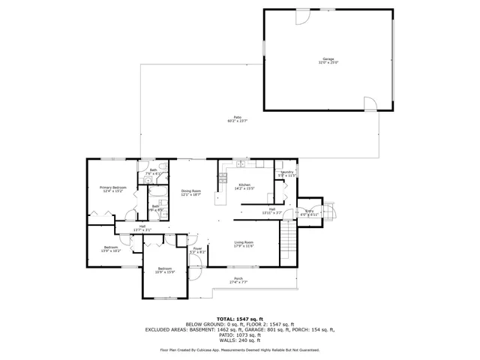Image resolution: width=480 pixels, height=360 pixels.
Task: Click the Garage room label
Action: [328, 61]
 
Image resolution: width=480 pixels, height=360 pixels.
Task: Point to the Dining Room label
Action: [191, 193]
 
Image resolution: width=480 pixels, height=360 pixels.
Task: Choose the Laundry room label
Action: [286, 174]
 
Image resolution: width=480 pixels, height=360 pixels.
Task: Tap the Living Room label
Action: [244, 244]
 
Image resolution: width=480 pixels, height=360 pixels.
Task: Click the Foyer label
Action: [197, 250]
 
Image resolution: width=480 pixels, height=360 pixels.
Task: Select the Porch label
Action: [238, 280]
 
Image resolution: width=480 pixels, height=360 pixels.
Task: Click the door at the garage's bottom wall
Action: [369, 103]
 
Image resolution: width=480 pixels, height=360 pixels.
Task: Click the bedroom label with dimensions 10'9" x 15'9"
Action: [165, 271]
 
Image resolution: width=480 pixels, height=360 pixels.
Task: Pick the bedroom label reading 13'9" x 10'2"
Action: [111, 249]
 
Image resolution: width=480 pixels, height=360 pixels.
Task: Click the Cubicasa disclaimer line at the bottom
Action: [240, 349]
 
